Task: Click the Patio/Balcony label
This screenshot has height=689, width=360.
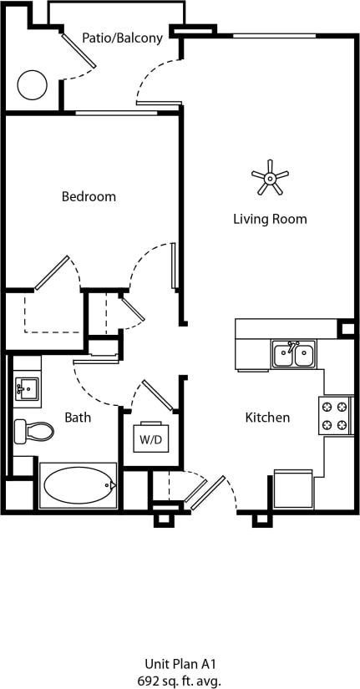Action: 122,38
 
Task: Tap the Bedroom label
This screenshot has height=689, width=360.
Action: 89,197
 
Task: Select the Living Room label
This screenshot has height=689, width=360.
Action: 270,219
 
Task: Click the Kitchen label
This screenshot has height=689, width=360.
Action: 267,417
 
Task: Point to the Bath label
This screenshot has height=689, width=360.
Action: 78,417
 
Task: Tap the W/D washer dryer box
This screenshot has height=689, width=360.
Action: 150,438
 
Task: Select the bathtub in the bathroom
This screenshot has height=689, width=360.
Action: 77,484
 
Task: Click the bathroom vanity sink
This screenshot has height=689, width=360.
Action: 26,388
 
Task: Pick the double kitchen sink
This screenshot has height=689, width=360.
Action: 293,354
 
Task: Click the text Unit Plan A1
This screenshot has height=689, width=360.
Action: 180,664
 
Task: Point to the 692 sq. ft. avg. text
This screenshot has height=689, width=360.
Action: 180,680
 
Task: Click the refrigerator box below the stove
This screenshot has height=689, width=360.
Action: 293,489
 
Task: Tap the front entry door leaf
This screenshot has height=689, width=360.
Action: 205,493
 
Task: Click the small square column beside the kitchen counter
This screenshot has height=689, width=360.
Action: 346,328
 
